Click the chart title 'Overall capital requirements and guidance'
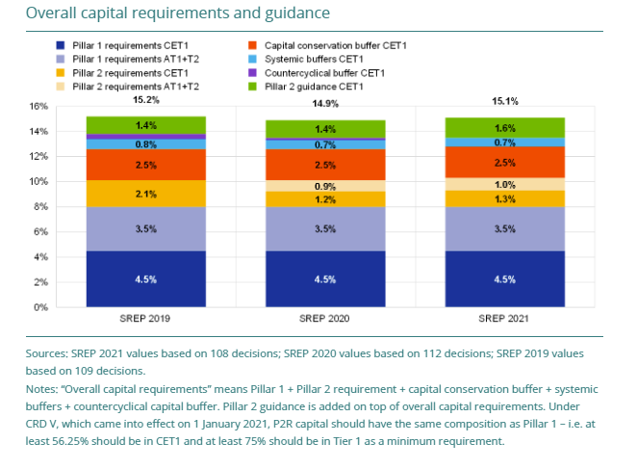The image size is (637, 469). [x=177, y=13]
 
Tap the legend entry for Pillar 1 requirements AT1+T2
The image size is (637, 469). [x=120, y=59]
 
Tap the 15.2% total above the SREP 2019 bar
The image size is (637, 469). [x=146, y=99]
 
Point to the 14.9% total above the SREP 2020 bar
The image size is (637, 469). [x=325, y=104]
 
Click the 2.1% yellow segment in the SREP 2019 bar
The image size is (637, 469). [x=146, y=194]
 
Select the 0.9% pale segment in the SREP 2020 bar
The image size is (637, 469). [x=325, y=186]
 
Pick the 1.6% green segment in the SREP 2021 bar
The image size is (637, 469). [x=505, y=127]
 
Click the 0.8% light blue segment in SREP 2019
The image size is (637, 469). [x=146, y=144]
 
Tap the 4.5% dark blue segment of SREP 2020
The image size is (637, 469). [x=325, y=279]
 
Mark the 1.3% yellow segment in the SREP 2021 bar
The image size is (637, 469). [x=505, y=199]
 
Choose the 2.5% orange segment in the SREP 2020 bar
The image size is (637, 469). [x=325, y=165]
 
